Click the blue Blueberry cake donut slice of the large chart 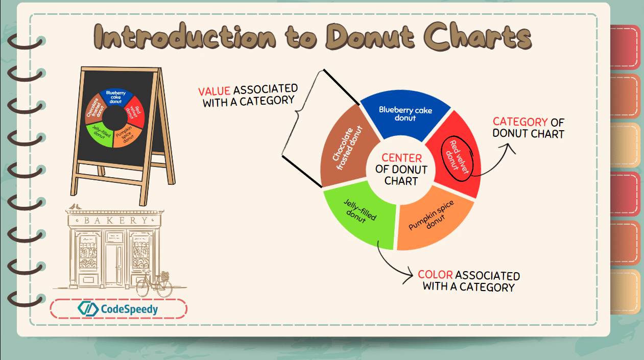(x=405, y=115)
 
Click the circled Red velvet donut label (x=457, y=158)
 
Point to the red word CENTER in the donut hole (x=401, y=158)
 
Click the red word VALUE (x=214, y=91)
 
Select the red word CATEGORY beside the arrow (x=520, y=122)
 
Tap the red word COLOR (x=435, y=275)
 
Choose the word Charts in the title (x=478, y=36)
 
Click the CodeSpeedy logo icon (x=88, y=309)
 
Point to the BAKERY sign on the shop (x=115, y=221)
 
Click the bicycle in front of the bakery (x=154, y=283)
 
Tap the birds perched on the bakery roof (x=75, y=206)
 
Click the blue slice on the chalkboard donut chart (x=116, y=97)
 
